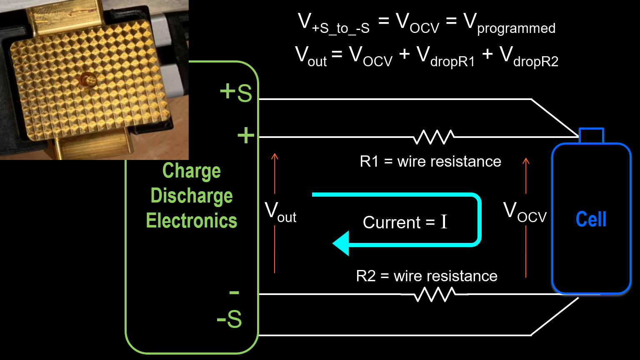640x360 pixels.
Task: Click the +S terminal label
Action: click(x=236, y=92)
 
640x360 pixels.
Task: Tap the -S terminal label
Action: click(x=229, y=320)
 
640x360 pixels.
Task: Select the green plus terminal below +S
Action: click(x=246, y=136)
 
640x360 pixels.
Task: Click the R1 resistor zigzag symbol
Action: click(x=433, y=137)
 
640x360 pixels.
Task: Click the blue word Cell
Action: click(x=591, y=219)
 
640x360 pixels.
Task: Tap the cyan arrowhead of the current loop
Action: click(x=341, y=243)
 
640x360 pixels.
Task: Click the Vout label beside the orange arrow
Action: click(x=280, y=212)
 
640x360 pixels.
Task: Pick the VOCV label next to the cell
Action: click(x=525, y=212)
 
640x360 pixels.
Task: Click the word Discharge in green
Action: click(x=192, y=196)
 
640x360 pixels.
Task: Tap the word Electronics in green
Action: click(x=192, y=220)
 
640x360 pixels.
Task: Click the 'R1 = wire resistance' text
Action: click(x=430, y=161)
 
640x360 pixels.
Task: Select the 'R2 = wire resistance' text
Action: click(x=427, y=276)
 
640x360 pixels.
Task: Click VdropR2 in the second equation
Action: click(x=528, y=57)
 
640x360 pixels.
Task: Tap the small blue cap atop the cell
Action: click(x=591, y=136)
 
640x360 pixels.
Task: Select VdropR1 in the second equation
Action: click(x=445, y=57)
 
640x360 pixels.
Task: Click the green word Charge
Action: click(x=192, y=171)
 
